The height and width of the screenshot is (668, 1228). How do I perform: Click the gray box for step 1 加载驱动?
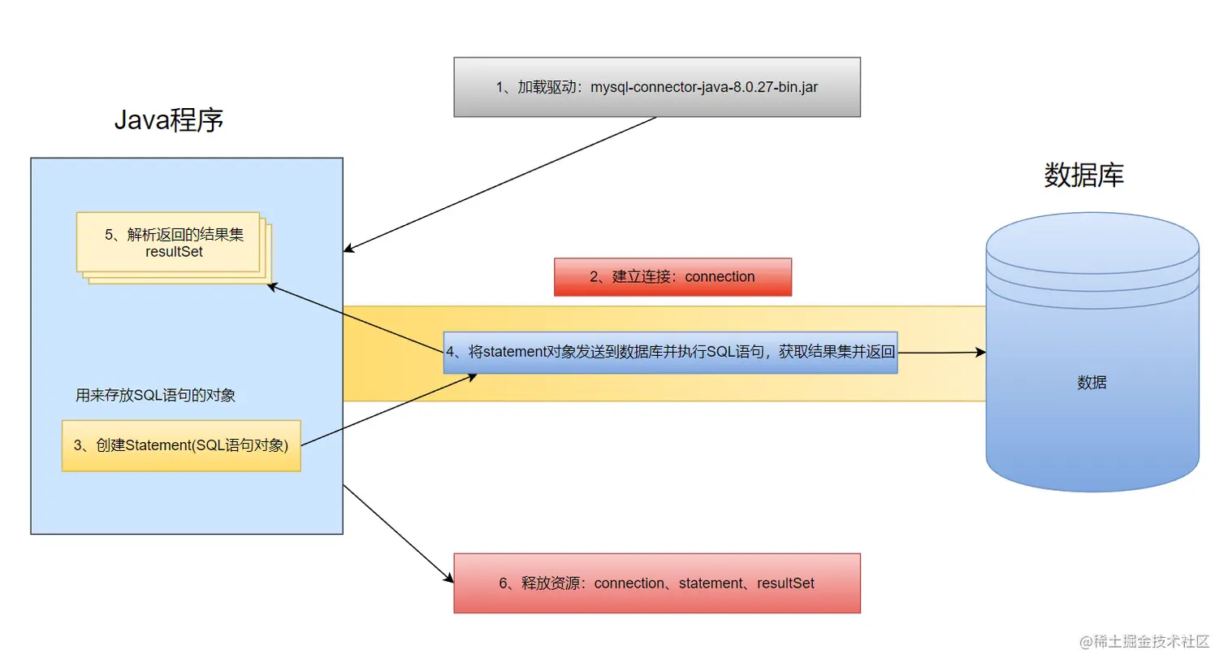(x=656, y=87)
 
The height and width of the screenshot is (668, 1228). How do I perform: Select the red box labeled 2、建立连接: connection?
(x=672, y=277)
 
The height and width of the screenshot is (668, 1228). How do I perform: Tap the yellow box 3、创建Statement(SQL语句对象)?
(x=181, y=445)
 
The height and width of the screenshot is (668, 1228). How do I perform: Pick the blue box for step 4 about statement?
(x=670, y=352)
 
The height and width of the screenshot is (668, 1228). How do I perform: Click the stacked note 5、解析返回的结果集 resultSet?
(x=172, y=243)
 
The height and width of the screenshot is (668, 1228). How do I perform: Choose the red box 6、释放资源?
(x=656, y=583)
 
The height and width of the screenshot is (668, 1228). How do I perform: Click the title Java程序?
(x=168, y=120)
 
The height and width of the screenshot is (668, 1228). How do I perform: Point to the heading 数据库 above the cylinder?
(x=1083, y=176)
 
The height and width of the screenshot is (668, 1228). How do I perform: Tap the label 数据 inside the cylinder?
(x=1092, y=383)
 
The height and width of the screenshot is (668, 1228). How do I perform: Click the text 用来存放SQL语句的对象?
(x=155, y=396)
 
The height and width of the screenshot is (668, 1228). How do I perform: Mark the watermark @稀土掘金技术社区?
(x=1144, y=642)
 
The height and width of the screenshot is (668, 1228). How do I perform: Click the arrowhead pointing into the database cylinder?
(x=981, y=352)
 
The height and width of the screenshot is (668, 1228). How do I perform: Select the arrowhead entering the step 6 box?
(x=448, y=578)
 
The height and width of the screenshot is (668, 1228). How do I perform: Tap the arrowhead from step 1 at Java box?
(x=348, y=249)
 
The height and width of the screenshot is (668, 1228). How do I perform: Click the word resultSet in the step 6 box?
(x=785, y=583)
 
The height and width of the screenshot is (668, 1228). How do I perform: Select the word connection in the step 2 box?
(x=720, y=277)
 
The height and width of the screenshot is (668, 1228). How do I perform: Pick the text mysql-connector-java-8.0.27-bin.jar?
(x=704, y=87)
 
